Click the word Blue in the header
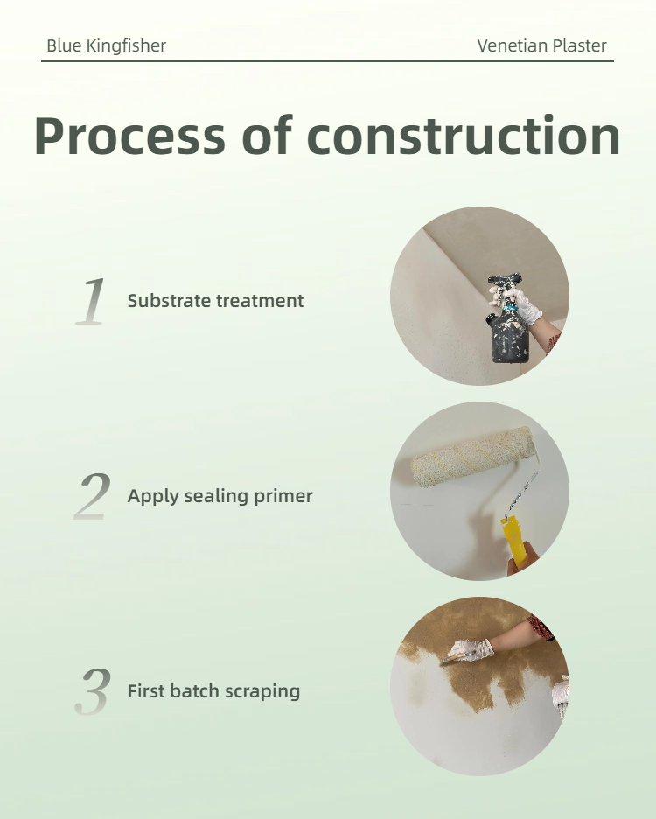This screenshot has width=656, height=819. click(x=64, y=46)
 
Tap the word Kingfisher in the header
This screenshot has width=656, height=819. click(x=126, y=46)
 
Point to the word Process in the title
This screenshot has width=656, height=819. click(x=130, y=136)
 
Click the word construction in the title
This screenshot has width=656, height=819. click(x=464, y=136)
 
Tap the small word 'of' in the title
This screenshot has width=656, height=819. click(x=267, y=135)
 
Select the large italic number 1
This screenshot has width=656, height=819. click(x=91, y=301)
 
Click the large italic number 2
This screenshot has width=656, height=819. click(x=92, y=496)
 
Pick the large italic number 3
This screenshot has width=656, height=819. click(x=93, y=691)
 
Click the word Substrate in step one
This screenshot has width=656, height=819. click(x=169, y=301)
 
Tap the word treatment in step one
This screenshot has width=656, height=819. click(x=260, y=301)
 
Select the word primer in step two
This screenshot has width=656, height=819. click(x=283, y=497)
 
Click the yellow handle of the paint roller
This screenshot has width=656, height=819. click(x=512, y=541)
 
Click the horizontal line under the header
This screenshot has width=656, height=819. click(x=327, y=61)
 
